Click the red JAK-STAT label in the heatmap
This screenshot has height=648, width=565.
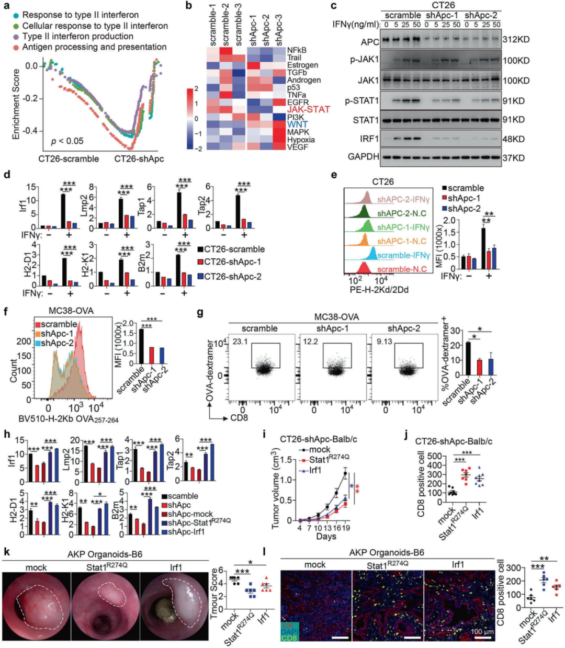point(308,109)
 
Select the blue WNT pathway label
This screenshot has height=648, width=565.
point(297,125)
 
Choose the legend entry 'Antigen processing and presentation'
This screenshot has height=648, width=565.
point(94,47)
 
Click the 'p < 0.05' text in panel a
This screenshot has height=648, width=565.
point(67,141)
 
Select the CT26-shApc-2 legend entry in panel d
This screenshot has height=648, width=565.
point(232,276)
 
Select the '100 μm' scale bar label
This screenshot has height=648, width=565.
point(482,632)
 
